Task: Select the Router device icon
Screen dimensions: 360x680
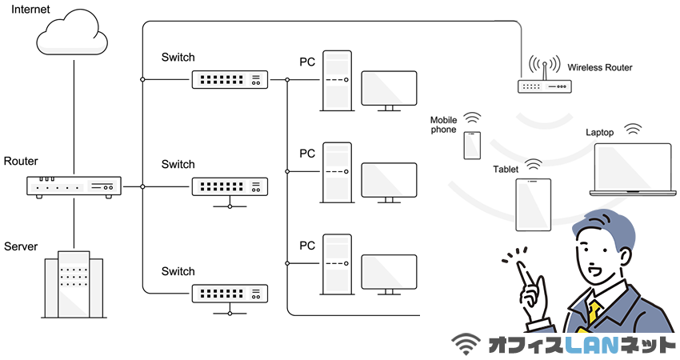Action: pos(74,186)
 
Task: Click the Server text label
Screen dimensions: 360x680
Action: pos(21,246)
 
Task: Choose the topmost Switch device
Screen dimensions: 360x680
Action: pos(229,80)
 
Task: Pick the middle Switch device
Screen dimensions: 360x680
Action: pos(229,186)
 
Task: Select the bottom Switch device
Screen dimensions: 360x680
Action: pos(229,293)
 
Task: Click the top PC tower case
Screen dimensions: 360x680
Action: pos(337,81)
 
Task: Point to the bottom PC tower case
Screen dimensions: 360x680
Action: pos(337,263)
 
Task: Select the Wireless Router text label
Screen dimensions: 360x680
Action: pos(600,68)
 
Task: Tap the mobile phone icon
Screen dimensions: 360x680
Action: pos(472,145)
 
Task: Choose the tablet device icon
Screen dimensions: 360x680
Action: pos(533,204)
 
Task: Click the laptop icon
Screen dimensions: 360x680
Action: pos(632,169)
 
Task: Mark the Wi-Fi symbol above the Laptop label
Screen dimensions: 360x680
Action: pos(634,129)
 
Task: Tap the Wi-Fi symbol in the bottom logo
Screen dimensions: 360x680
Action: pos(467,344)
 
